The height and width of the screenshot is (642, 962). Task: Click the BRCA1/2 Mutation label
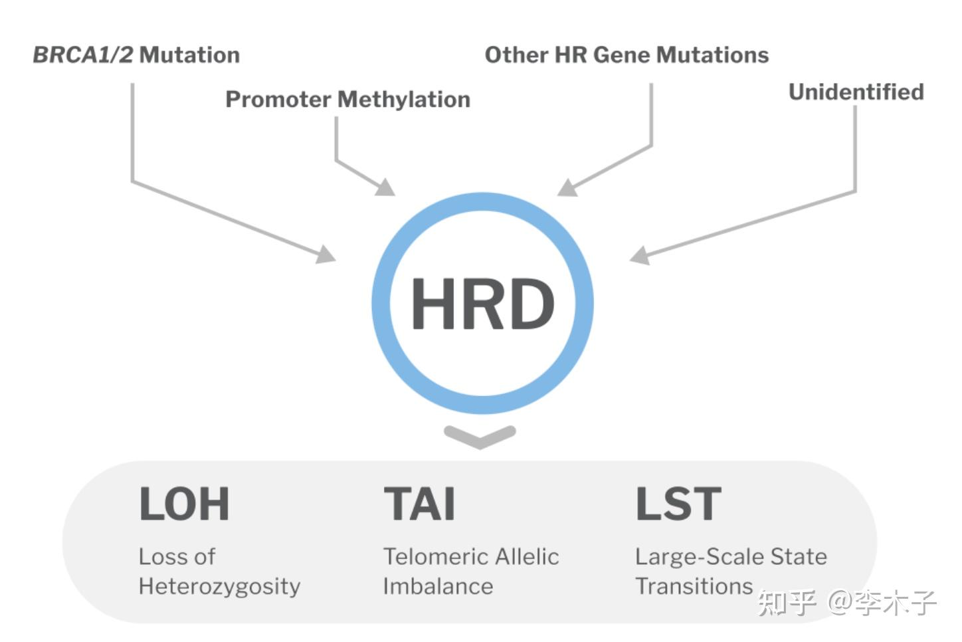point(136,54)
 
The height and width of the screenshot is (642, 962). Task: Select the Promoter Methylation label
point(347,99)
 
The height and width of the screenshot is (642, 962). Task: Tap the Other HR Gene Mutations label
point(626,54)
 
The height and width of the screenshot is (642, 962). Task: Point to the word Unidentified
point(856,92)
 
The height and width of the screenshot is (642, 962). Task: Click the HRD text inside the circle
point(482,304)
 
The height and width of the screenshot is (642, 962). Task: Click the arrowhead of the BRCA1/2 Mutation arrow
point(326,255)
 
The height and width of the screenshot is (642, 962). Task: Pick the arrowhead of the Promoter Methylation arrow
point(385,187)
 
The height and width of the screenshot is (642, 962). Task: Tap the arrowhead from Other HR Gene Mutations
point(566,188)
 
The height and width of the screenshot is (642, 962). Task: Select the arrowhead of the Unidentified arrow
point(639,256)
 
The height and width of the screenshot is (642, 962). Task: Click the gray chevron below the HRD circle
point(480,436)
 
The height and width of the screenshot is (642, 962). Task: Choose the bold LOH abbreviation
point(184,504)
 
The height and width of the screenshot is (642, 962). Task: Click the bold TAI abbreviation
point(420,504)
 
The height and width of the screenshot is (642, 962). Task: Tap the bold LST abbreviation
point(678,504)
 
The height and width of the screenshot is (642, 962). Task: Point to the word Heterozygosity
point(219,587)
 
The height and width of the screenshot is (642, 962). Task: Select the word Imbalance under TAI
point(438,586)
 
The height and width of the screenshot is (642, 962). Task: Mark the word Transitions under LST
point(694,586)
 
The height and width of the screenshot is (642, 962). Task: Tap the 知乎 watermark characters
point(787,603)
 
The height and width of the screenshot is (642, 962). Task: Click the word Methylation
point(404,99)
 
